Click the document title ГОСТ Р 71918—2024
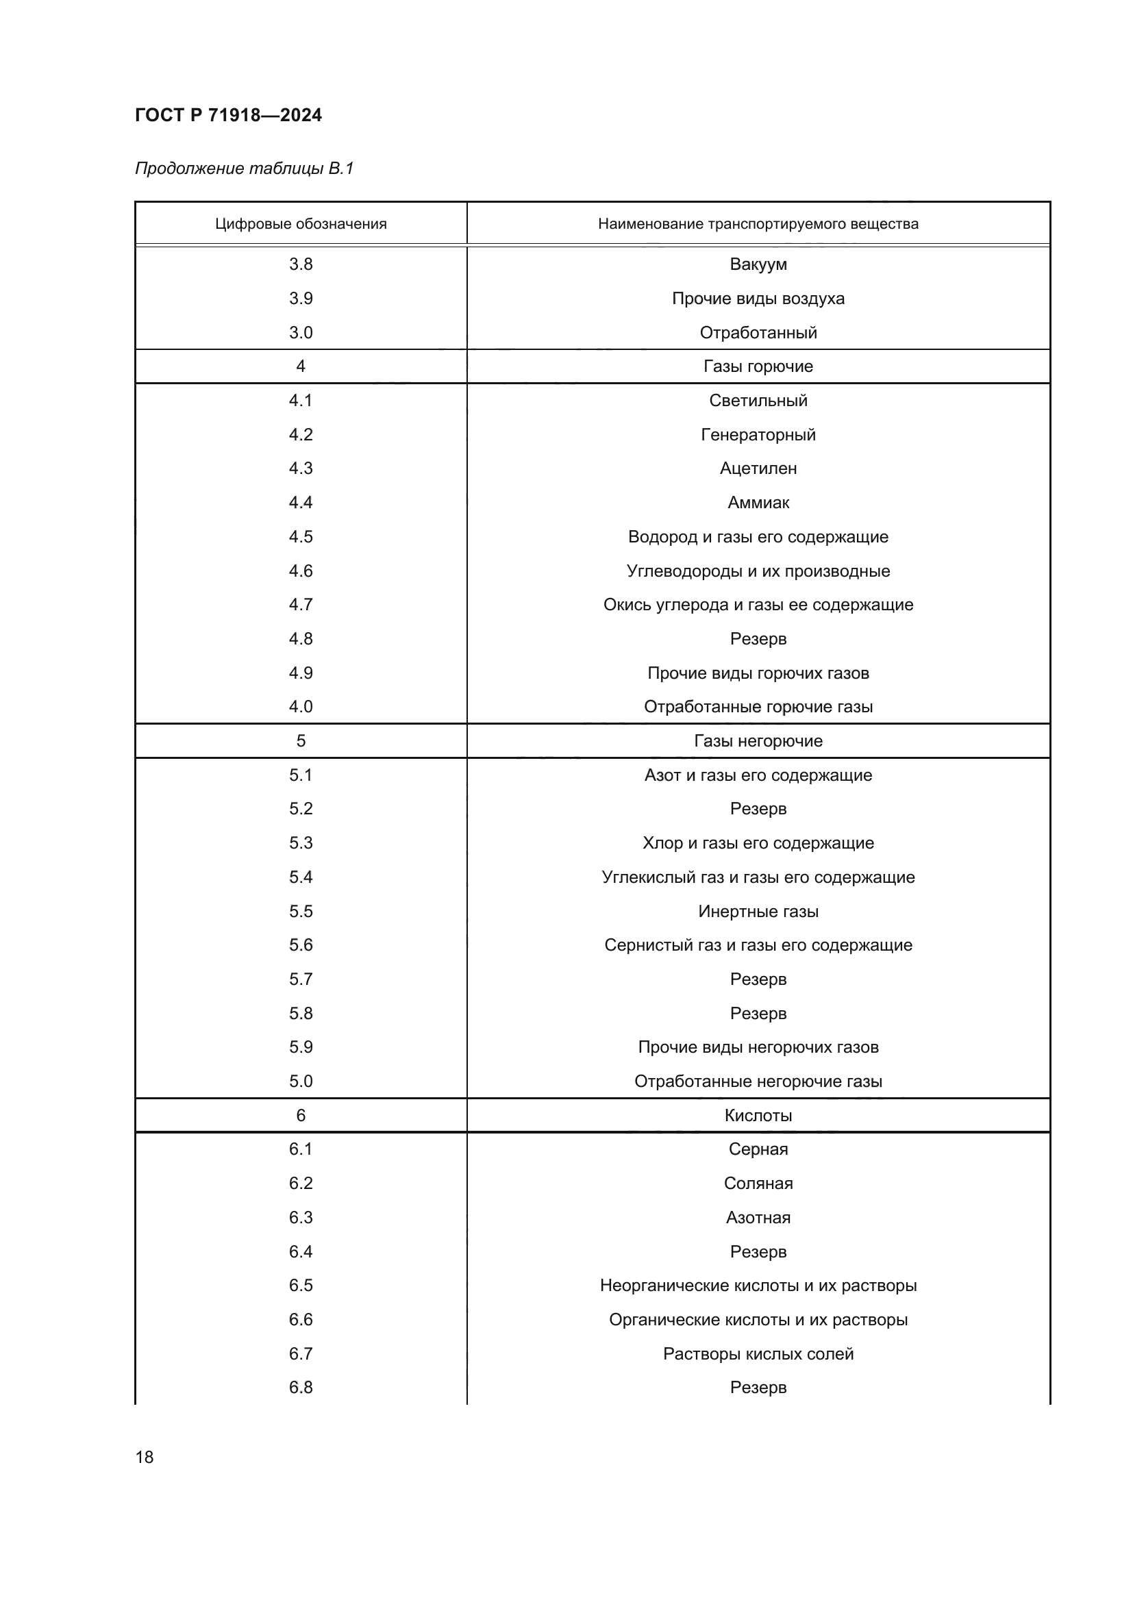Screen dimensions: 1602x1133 228,115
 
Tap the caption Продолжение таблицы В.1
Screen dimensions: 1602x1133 244,168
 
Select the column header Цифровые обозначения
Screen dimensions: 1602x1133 301,224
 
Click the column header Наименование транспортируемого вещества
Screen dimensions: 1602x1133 758,224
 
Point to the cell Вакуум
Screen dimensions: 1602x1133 758,264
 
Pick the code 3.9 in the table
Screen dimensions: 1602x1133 301,299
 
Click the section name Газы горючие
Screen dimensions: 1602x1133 758,366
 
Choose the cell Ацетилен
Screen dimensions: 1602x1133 758,468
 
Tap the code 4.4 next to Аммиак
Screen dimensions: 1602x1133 301,502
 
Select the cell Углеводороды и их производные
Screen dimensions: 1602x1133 758,571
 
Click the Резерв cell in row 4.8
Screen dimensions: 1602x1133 758,638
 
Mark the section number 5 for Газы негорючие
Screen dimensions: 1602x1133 301,741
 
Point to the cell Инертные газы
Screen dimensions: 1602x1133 758,911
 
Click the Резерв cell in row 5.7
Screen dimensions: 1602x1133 758,979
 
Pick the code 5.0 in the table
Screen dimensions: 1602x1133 301,1081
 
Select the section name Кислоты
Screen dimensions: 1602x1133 758,1115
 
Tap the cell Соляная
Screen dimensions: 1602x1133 758,1183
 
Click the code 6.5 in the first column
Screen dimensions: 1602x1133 301,1284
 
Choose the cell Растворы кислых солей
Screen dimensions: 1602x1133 758,1353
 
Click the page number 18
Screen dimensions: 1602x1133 145,1457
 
